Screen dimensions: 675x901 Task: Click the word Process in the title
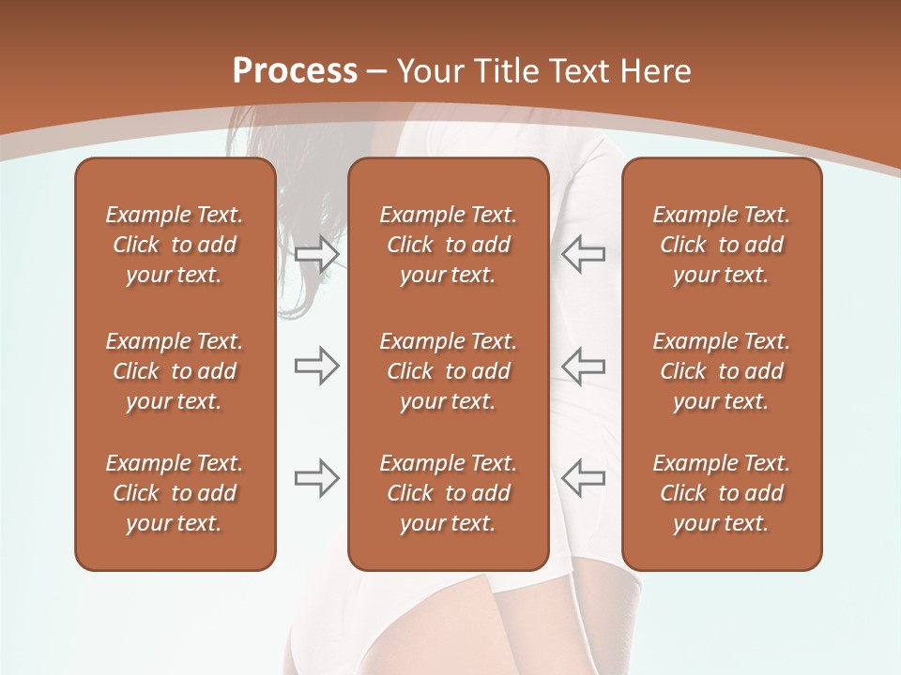[295, 71]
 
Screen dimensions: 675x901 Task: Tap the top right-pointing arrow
[316, 254]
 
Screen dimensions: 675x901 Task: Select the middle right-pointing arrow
[316, 366]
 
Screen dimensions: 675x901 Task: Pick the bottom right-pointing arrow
[316, 478]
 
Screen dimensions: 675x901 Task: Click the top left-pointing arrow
[583, 254]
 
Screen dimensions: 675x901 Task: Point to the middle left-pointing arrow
[583, 366]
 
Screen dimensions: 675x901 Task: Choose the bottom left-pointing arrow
[583, 478]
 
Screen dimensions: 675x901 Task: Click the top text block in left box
[175, 245]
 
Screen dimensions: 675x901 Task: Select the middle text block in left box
[175, 371]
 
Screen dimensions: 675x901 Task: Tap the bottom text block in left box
[175, 493]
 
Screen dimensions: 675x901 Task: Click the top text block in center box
[448, 245]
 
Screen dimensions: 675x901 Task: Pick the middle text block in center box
[448, 371]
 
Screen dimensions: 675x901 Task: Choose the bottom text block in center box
[448, 493]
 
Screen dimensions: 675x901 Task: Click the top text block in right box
[721, 245]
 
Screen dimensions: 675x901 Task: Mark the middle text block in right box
[721, 371]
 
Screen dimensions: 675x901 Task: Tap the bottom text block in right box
[721, 493]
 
